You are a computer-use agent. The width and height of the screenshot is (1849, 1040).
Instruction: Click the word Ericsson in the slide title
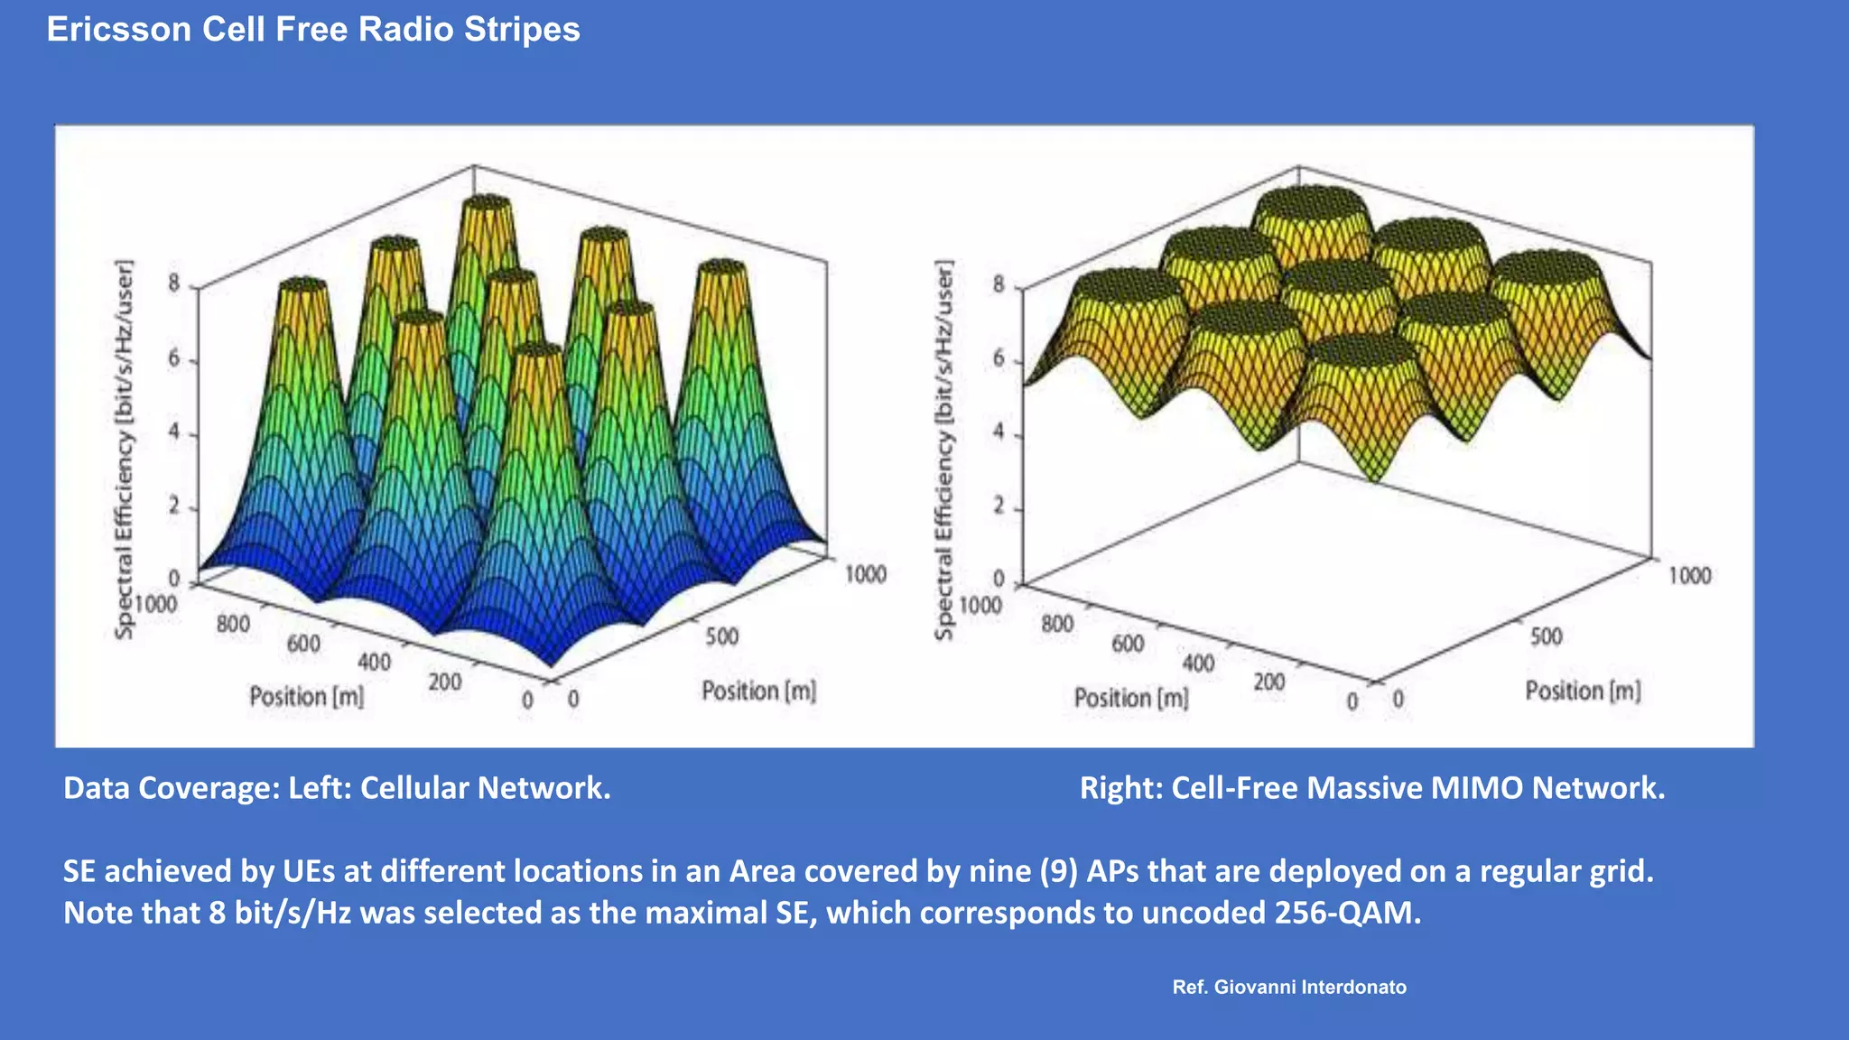118,30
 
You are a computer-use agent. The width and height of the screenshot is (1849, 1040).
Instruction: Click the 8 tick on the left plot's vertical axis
174,283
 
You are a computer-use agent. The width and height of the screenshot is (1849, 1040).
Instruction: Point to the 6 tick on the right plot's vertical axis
999,359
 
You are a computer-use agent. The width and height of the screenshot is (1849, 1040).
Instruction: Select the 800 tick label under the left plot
233,624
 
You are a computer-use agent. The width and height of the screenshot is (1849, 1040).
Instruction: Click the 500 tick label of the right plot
1546,637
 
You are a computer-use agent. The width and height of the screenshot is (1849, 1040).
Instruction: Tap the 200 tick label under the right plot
1268,682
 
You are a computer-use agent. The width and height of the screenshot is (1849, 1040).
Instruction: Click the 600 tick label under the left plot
303,644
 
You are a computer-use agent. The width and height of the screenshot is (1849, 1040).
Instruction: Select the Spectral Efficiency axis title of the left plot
125,450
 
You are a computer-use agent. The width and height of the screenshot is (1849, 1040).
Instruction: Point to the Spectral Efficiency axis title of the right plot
944,450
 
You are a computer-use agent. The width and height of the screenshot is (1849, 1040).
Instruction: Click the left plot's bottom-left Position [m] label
306,697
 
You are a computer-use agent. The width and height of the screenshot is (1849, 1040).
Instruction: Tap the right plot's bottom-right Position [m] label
1583,692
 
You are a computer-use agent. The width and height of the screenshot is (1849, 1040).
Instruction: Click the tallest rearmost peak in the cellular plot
486,203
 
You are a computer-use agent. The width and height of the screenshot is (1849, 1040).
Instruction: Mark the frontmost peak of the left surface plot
539,350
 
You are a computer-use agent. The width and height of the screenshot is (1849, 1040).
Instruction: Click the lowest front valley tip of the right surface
1374,478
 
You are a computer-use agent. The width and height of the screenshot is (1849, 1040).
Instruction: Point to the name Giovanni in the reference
1254,988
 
